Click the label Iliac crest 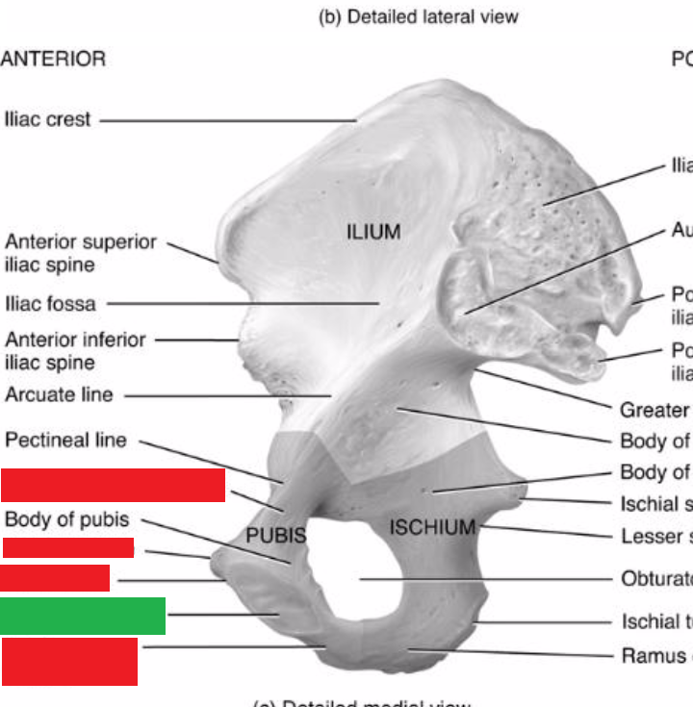pos(47,120)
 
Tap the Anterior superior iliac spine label pos(80,253)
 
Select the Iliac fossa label pos(50,304)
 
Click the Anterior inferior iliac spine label pos(75,351)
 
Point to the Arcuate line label pos(59,394)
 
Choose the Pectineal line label pos(65,441)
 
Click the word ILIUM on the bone pos(373,233)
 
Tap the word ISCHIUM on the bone pos(432,527)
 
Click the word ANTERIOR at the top pos(53,59)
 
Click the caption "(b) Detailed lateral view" pos(418,16)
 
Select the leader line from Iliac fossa pos(241,303)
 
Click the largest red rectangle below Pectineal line pos(113,486)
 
